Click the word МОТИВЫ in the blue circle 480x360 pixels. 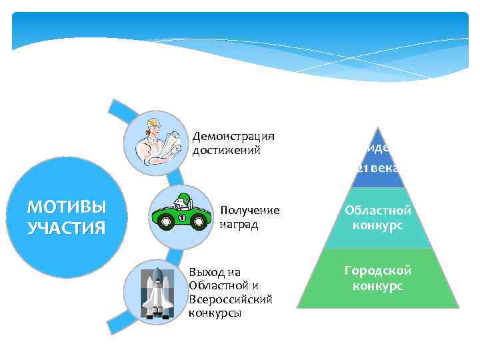[x=66, y=205]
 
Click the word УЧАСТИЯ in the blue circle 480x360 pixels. [x=66, y=227]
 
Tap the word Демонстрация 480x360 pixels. [x=233, y=137]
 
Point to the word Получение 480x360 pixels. [x=249, y=211]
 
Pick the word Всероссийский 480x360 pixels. [x=231, y=299]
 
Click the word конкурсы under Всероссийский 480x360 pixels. [x=215, y=313]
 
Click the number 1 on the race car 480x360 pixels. [x=181, y=218]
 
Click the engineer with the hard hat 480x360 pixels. [x=158, y=143]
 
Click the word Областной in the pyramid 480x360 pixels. [x=378, y=211]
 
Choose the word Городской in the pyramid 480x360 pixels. [x=378, y=271]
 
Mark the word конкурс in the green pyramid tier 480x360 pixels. [x=378, y=285]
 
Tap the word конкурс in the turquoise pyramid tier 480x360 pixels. [x=378, y=225]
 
